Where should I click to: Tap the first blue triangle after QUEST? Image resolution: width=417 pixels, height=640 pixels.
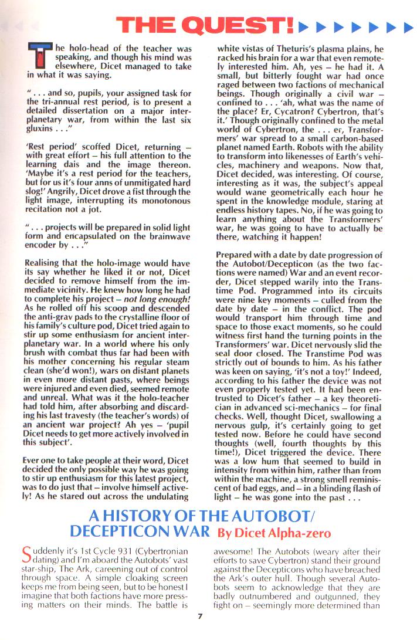click(x=303, y=26)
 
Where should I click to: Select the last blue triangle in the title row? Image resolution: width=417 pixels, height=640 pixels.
click(x=409, y=26)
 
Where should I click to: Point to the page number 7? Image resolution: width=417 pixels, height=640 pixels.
click(x=200, y=631)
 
